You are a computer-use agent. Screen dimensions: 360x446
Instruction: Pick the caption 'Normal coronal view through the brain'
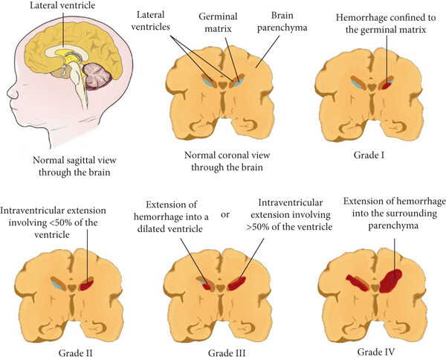(x=223, y=162)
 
